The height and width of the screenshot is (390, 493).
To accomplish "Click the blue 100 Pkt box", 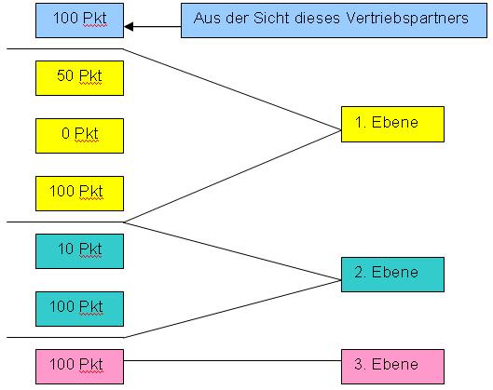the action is (79, 20).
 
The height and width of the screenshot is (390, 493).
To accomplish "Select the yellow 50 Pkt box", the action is (79, 78).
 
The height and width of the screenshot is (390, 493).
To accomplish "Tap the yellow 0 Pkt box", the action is (79, 136).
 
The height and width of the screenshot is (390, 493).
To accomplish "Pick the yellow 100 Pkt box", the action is (79, 194).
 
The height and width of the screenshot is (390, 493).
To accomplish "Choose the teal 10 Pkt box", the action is (79, 251).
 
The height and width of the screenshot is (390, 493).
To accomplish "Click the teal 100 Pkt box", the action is (79, 309).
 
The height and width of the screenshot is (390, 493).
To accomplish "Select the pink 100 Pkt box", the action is (79, 367).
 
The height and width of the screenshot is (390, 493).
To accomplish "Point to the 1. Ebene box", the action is (392, 125).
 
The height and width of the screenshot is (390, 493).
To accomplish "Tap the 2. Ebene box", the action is (392, 275).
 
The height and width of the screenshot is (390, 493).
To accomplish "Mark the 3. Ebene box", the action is (392, 367).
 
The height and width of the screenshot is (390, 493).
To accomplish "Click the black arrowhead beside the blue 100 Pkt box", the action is (129, 27).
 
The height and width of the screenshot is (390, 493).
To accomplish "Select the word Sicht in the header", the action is (271, 18).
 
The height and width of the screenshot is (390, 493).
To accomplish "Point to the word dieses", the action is (317, 19).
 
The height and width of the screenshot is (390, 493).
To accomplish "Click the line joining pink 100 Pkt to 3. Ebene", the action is (232, 360).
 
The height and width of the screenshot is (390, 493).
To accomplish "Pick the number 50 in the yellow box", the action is (65, 75).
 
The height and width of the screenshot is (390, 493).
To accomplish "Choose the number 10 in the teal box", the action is (66, 249).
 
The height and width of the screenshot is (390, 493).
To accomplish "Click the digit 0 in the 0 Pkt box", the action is (66, 133).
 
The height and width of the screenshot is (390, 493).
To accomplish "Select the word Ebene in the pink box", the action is (395, 364).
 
